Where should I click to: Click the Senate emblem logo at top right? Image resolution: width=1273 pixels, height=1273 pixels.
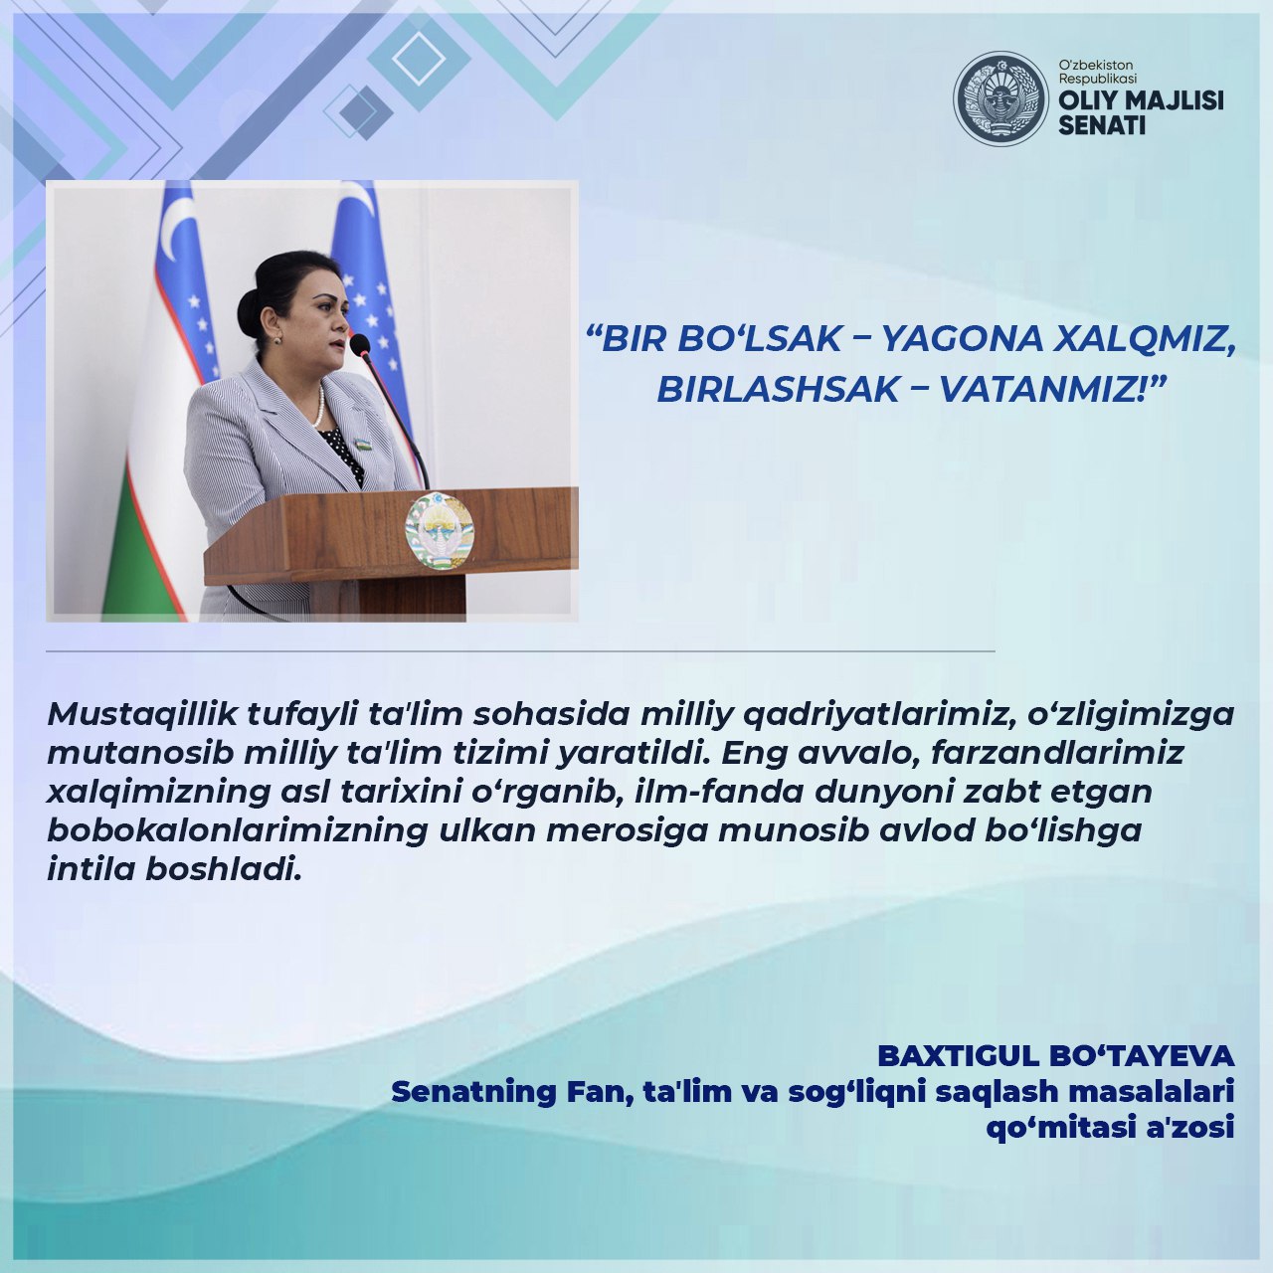coord(1000,98)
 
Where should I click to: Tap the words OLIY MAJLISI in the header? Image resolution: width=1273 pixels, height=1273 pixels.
coord(1141,100)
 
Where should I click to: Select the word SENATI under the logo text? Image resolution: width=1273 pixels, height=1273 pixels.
coord(1102,125)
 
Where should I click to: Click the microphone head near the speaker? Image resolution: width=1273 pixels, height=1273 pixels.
coord(359,344)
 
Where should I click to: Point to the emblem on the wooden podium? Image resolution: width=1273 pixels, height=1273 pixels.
coord(439,530)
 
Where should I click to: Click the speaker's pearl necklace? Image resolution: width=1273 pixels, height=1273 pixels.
coord(319,406)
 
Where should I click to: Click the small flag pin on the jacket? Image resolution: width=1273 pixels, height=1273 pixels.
coord(363,443)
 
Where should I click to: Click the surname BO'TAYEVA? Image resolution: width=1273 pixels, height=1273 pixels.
coord(1142,1056)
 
